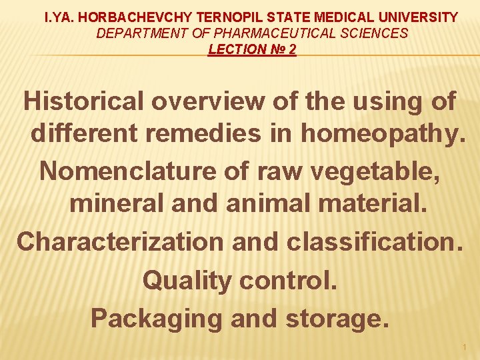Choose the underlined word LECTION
(x=234, y=49)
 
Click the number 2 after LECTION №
(x=293, y=49)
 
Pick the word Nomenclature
(x=127, y=171)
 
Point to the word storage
(x=336, y=319)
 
